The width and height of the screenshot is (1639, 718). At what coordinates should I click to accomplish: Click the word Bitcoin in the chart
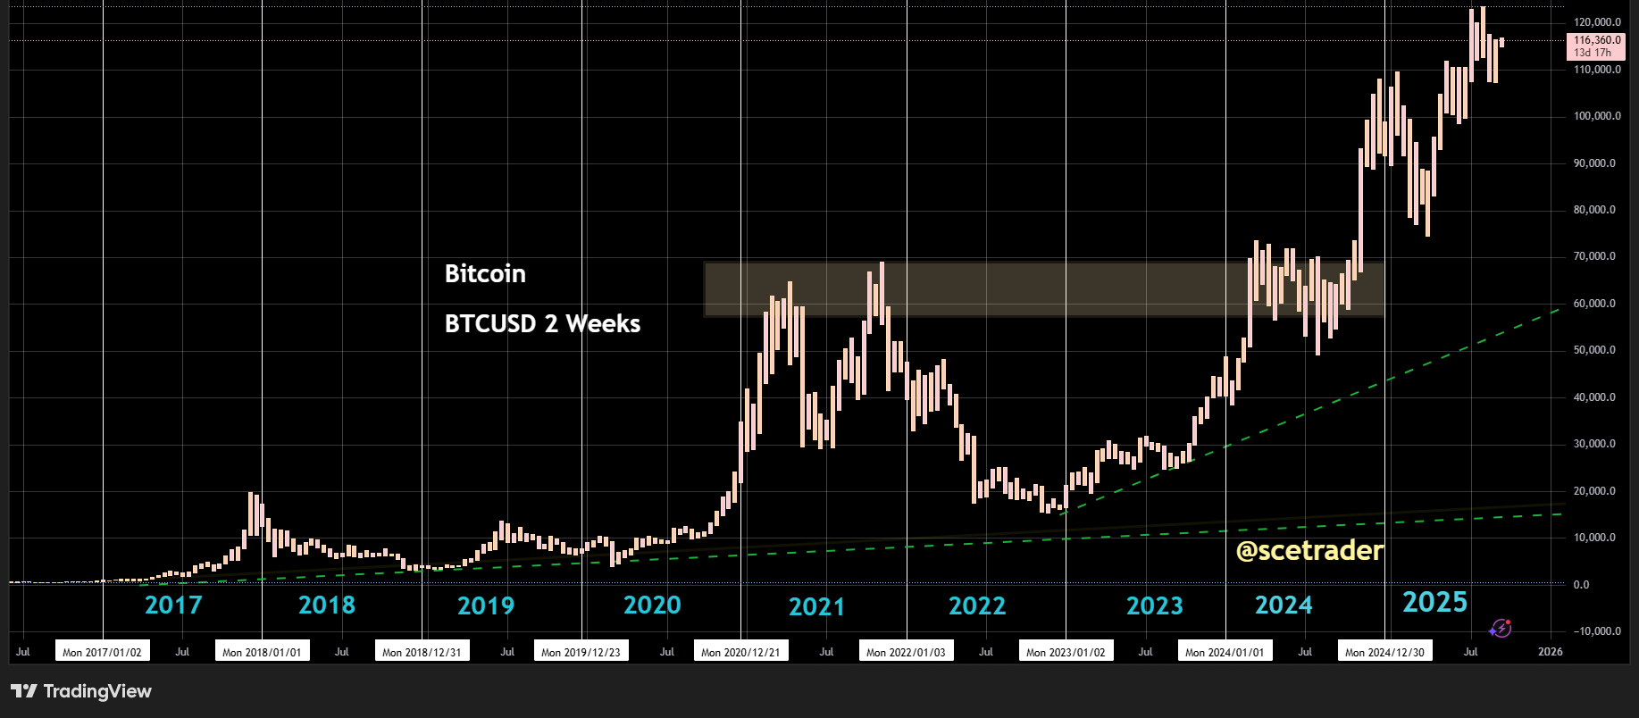pos(485,274)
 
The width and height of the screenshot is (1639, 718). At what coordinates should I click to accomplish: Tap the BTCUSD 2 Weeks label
pos(542,323)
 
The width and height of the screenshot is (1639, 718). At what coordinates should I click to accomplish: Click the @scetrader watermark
pos(1309,550)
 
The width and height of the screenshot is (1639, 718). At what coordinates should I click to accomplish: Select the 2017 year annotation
pos(173,605)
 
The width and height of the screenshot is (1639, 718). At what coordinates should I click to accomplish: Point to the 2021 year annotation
pos(816,607)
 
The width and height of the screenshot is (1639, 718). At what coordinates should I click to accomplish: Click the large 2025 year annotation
pos(1434,603)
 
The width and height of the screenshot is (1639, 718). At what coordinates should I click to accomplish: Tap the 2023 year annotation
pos(1154,606)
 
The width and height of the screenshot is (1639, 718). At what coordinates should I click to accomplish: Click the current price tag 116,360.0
pos(1597,40)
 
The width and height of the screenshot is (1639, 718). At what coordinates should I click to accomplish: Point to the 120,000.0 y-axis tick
pos(1597,22)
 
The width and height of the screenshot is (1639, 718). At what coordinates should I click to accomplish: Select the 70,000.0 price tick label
pos(1594,256)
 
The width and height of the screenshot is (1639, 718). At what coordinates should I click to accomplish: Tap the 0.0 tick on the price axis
pos(1581,585)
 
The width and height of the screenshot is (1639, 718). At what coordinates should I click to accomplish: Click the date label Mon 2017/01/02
pos(102,652)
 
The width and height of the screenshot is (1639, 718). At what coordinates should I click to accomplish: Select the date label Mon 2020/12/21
pos(740,652)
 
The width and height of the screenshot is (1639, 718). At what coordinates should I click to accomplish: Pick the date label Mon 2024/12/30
pos(1384,652)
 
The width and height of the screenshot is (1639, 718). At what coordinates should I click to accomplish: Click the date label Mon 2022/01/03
pos(906,652)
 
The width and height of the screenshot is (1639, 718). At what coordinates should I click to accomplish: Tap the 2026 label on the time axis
pos(1550,652)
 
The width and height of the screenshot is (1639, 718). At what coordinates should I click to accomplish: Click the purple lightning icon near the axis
pos(1501,629)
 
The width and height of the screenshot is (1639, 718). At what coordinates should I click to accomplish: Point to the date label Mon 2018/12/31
pos(422,652)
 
